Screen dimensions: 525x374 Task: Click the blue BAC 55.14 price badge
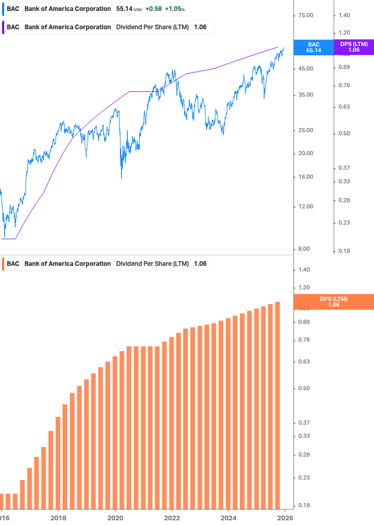pyautogui.click(x=313, y=48)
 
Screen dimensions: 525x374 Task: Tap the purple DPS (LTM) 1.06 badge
pyautogui.click(x=354, y=48)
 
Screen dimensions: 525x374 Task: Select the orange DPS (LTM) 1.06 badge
pyautogui.click(x=334, y=302)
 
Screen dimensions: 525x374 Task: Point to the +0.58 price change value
pyautogui.click(x=153, y=9)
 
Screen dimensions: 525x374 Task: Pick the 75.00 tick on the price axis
pyautogui.click(x=305, y=16)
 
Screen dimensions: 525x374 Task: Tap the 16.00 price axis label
pyautogui.click(x=305, y=177)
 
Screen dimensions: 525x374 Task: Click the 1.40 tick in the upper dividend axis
pyautogui.click(x=344, y=16)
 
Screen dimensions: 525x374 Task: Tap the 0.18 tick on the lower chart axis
pyautogui.click(x=304, y=505)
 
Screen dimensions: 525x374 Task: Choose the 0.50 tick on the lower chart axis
pyautogui.click(x=304, y=388)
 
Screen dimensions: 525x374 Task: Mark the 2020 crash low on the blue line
pyautogui.click(x=122, y=178)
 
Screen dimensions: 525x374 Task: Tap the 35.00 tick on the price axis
pyautogui.click(x=305, y=95)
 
